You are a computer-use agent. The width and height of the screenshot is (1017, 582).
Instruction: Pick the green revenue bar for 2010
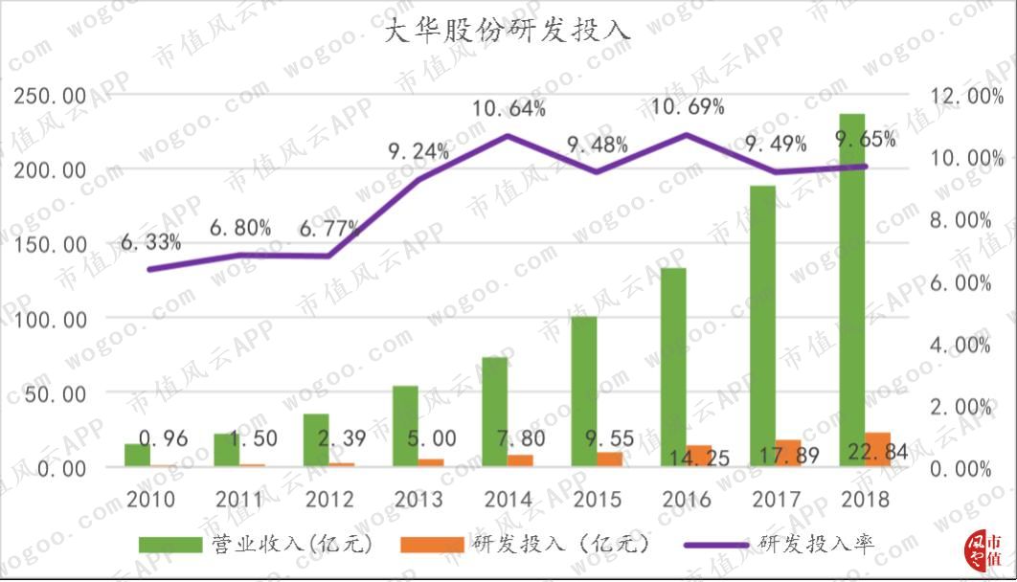tap(137, 455)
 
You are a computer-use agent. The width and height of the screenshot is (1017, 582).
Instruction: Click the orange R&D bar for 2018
tap(877, 449)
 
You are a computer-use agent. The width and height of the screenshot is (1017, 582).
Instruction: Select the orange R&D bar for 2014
tap(520, 460)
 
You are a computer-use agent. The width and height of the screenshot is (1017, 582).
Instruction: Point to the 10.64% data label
tap(509, 108)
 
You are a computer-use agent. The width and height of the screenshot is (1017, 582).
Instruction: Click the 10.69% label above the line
tap(688, 107)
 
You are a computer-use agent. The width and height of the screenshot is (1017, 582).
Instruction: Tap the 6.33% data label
tap(150, 242)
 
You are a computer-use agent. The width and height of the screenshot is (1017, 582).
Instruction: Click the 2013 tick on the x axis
tap(418, 500)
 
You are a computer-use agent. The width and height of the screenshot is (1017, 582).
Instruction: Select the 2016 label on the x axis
tap(687, 500)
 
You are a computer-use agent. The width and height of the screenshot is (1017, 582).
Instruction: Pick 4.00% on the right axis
tap(961, 345)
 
